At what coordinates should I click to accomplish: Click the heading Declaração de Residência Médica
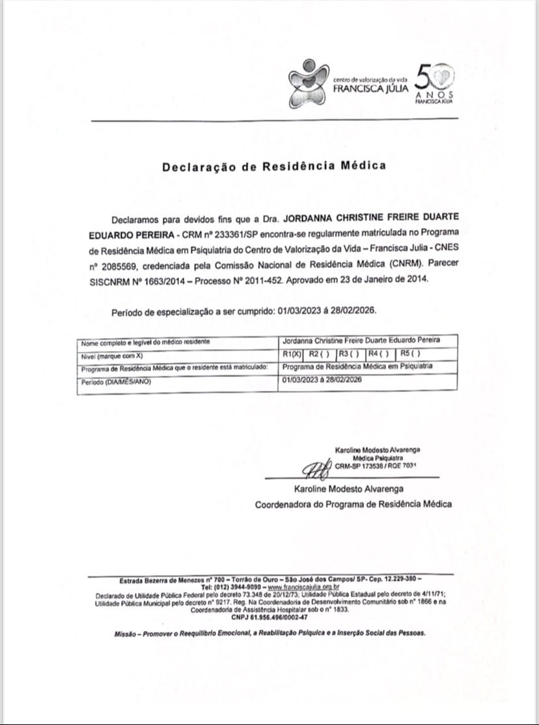tap(274, 165)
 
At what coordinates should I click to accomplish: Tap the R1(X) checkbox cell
tap(293, 354)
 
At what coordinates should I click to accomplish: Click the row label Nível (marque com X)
tap(111, 356)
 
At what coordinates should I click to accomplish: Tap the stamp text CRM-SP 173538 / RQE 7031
tap(376, 466)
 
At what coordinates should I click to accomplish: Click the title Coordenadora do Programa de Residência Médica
tap(353, 504)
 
